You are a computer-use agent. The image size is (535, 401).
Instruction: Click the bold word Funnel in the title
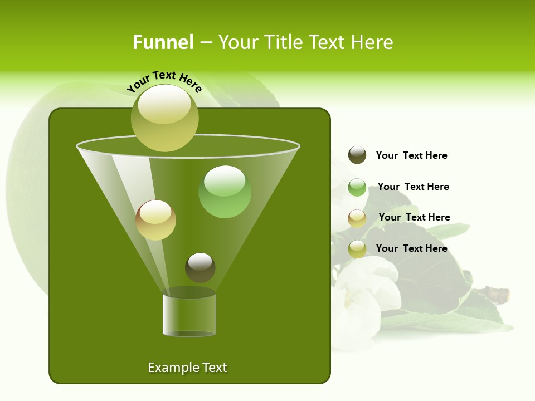pyautogui.click(x=163, y=42)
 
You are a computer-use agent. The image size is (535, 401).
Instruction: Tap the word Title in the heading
pyautogui.click(x=282, y=42)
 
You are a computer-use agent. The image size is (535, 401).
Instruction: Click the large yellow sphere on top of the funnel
pyautogui.click(x=164, y=118)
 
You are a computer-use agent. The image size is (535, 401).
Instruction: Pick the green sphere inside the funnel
pyautogui.click(x=225, y=192)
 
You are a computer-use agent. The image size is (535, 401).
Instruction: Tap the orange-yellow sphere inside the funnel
pyautogui.click(x=156, y=220)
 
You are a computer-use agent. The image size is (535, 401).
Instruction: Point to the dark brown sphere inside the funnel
pyautogui.click(x=200, y=267)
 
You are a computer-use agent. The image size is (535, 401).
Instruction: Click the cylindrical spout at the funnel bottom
pyautogui.click(x=189, y=314)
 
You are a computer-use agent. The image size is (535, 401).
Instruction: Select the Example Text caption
pyautogui.click(x=188, y=368)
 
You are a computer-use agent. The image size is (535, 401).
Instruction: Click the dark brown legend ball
pyautogui.click(x=357, y=155)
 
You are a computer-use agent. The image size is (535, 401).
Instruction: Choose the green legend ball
pyautogui.click(x=357, y=187)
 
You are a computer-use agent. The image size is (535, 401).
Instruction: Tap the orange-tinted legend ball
pyautogui.click(x=357, y=218)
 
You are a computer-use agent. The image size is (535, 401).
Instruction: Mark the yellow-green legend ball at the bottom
pyautogui.click(x=357, y=249)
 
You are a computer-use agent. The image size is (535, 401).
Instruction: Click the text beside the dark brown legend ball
pyautogui.click(x=411, y=155)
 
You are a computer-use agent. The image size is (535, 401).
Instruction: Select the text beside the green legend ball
pyautogui.click(x=413, y=187)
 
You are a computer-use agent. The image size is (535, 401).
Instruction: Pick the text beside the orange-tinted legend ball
pyautogui.click(x=414, y=217)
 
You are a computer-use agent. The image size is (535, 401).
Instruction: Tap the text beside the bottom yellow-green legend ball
pyautogui.click(x=411, y=248)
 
